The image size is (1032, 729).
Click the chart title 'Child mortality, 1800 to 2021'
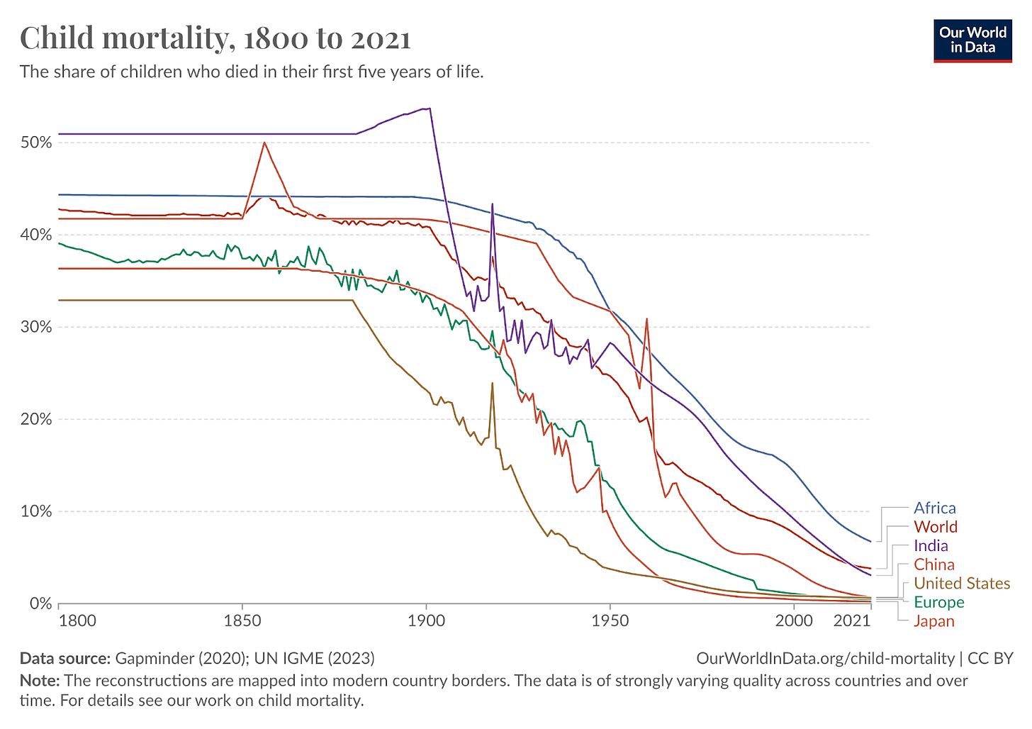pos(215,38)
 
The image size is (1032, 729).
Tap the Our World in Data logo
pos(972,40)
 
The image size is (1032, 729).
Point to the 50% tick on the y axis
pos(37,143)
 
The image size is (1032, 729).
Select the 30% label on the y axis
pos(37,327)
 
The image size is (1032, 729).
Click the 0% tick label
pos(40,603)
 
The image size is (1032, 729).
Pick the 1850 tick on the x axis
pos(242,621)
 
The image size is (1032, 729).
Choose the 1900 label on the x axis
pos(426,621)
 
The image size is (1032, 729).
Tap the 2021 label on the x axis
pos(852,621)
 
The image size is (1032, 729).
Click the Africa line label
pos(934,508)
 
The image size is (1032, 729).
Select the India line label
pos(931,545)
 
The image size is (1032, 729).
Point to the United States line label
pos(961,583)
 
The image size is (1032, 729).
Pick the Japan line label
pos(933,621)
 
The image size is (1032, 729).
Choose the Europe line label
pos(938,602)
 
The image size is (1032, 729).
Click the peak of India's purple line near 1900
pos(430,108)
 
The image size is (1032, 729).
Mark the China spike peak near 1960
pos(646,319)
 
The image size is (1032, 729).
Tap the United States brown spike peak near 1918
pos(492,384)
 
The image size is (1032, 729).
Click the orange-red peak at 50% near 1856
pos(264,143)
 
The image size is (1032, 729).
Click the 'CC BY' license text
pos(990,658)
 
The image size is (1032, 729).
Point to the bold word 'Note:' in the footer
pos(40,681)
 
